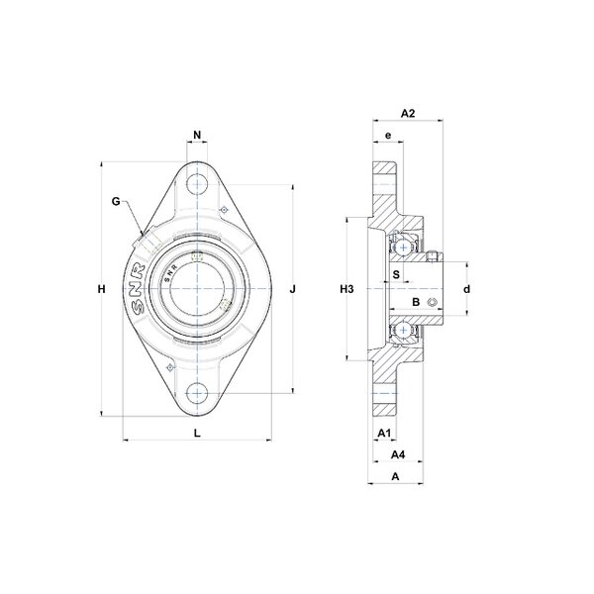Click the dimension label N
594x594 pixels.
[x=197, y=135]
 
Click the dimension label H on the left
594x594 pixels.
[x=102, y=289]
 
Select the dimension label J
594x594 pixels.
[x=292, y=289]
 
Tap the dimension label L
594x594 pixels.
[x=197, y=433]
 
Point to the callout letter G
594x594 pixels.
[x=116, y=202]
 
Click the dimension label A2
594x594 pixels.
[x=408, y=113]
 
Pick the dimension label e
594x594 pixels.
[x=388, y=136]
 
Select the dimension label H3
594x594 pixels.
[x=346, y=289]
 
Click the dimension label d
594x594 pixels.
[x=466, y=289]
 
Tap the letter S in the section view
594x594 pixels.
[x=396, y=274]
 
